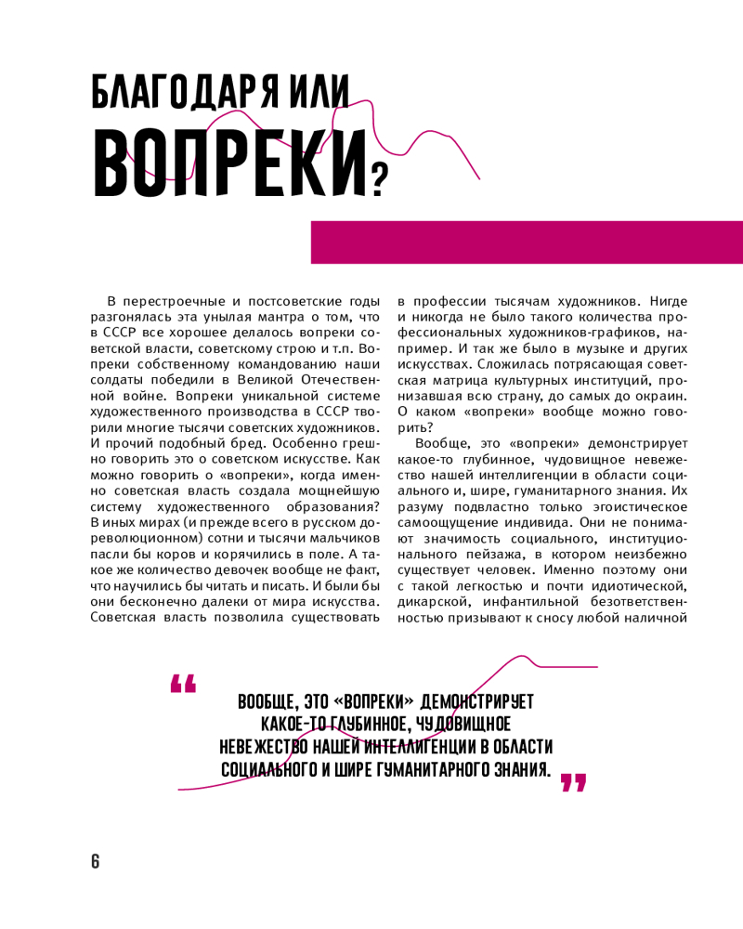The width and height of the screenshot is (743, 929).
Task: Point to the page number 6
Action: (x=95, y=860)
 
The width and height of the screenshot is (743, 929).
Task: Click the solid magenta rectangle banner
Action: (x=526, y=242)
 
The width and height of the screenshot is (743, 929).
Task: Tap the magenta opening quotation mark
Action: (x=183, y=684)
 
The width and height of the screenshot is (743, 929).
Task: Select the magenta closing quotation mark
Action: (x=574, y=782)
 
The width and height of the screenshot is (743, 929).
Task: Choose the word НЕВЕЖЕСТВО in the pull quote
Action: (x=260, y=746)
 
